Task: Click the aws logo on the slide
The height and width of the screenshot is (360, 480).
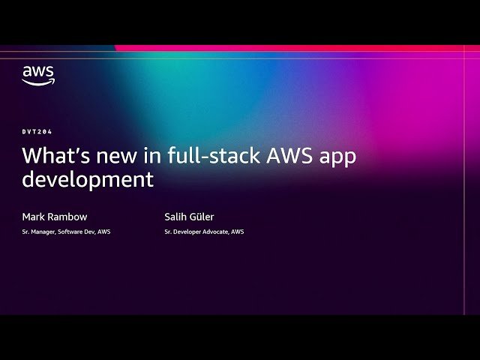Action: click(37, 75)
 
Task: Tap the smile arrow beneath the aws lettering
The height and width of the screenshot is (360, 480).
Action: click(37, 82)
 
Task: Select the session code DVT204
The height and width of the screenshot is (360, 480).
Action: click(37, 132)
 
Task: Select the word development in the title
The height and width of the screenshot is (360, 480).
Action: click(88, 180)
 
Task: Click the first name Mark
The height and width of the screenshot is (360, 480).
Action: click(33, 217)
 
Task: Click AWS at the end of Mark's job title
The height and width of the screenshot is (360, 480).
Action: click(104, 232)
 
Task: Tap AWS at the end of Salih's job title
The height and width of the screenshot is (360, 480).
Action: click(237, 232)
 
